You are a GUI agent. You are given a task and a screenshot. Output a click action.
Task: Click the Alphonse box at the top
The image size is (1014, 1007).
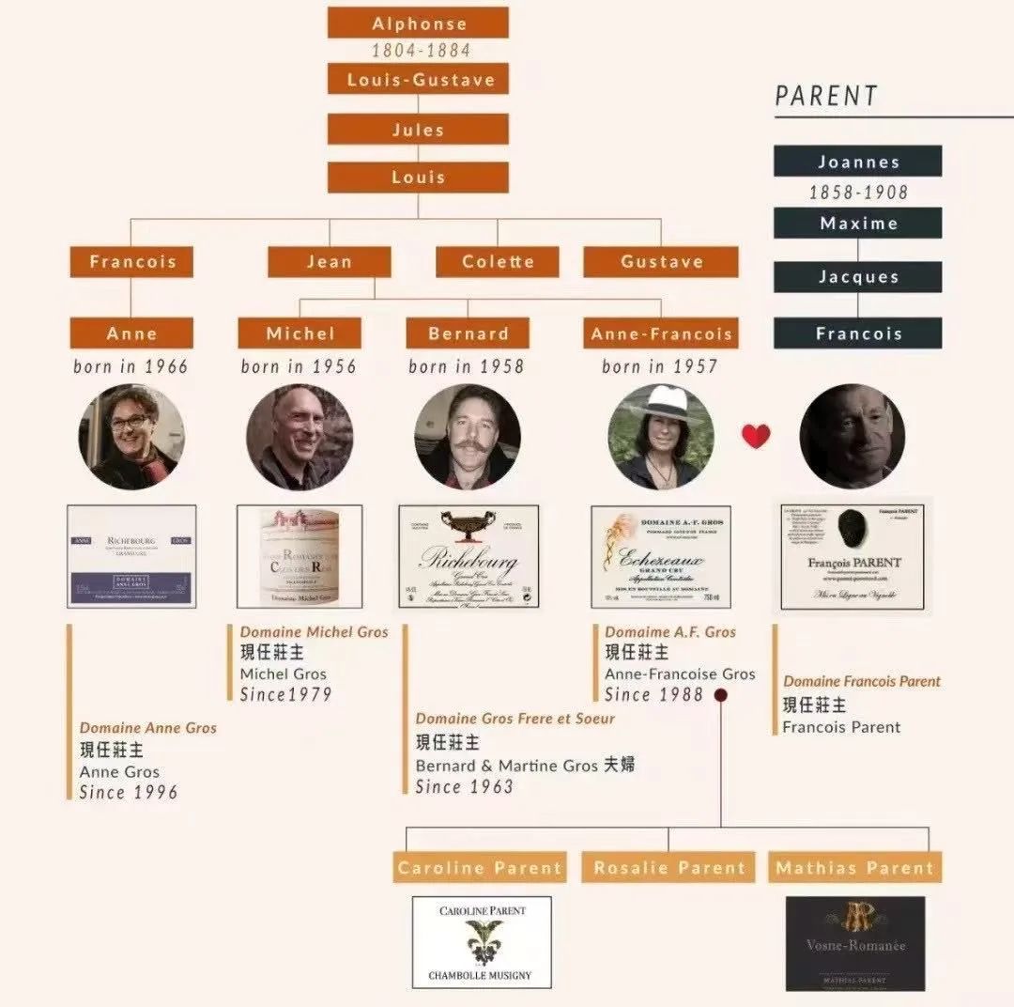(418, 23)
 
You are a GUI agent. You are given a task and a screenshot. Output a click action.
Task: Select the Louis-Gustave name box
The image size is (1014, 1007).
(418, 79)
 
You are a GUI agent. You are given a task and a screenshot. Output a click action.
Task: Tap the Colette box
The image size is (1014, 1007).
(498, 262)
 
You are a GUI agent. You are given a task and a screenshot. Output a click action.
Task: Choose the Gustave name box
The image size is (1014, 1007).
(661, 262)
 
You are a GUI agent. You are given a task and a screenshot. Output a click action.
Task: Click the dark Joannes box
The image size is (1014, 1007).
(858, 162)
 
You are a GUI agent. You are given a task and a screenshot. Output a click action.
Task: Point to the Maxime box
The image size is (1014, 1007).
(858, 224)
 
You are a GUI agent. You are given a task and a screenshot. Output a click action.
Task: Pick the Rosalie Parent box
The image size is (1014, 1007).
(669, 867)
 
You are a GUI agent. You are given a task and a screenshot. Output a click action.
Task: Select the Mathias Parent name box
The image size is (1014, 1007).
(855, 867)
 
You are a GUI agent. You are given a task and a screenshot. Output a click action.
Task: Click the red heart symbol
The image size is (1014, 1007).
(756, 436)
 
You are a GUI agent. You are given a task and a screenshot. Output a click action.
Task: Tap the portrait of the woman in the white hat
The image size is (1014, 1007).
(661, 437)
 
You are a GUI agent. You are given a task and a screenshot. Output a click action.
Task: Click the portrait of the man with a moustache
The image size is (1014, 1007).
(468, 437)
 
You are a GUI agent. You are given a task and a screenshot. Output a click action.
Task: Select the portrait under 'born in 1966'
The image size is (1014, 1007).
(131, 437)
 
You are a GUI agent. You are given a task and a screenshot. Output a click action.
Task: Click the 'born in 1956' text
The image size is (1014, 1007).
(299, 366)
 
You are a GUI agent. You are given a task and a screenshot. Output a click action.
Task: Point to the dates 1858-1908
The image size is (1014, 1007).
(858, 192)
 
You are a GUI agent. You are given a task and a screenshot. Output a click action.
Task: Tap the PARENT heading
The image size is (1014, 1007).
(826, 96)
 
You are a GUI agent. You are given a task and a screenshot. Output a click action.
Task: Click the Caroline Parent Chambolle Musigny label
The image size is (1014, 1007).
(482, 941)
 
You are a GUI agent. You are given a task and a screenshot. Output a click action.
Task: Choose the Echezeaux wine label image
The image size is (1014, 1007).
(661, 556)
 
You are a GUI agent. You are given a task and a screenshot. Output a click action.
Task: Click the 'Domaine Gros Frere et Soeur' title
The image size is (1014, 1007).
(515, 719)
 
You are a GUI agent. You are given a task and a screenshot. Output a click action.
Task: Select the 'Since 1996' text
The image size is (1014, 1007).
(129, 792)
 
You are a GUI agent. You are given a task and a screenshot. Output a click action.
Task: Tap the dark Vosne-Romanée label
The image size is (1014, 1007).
(855, 942)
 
